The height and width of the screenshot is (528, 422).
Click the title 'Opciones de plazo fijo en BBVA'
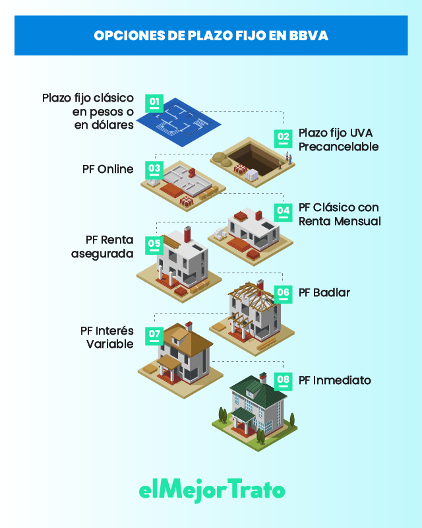coord(211,35)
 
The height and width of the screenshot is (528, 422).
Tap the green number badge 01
coord(154,103)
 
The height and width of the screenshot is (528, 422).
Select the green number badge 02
coord(284,139)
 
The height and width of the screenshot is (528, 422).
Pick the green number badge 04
coord(284,213)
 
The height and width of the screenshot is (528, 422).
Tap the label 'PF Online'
coord(108,170)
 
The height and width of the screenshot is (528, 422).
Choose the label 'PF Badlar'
coord(324,292)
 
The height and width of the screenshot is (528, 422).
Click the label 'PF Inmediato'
coord(334,381)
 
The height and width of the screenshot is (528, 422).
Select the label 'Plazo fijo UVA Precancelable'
coord(338,140)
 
